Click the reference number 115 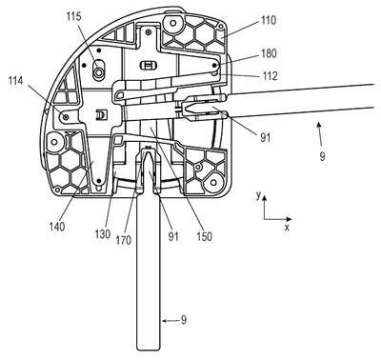(73, 17)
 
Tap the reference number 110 (269, 20)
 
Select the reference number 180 (269, 53)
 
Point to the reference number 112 (271, 75)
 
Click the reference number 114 (16, 81)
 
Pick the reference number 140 (57, 227)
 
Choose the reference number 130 (102, 234)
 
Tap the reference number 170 (123, 240)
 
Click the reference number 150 (204, 236)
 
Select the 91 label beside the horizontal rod (265, 137)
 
